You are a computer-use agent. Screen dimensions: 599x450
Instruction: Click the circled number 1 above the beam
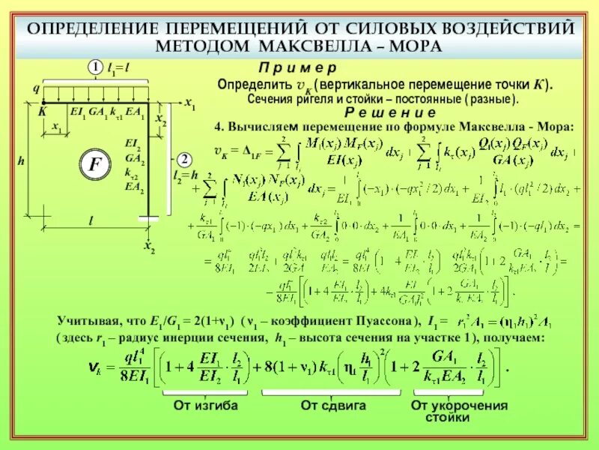pyautogui.click(x=96, y=68)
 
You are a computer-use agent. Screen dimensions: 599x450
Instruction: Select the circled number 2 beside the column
pyautogui.click(x=183, y=160)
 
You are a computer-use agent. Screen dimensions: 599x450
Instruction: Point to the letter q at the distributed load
pyautogui.click(x=34, y=88)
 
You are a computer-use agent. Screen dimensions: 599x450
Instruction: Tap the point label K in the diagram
pyautogui.click(x=42, y=111)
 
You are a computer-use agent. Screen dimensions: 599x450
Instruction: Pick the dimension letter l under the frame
pyautogui.click(x=91, y=221)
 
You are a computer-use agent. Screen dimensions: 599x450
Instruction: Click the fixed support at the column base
pyautogui.click(x=148, y=217)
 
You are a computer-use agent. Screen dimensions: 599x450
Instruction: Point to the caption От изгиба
pyautogui.click(x=205, y=406)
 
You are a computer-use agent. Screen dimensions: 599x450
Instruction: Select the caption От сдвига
pyautogui.click(x=333, y=406)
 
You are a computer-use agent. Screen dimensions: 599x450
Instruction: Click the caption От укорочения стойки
pyautogui.click(x=459, y=411)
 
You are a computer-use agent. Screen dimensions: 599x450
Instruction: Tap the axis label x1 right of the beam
pyautogui.click(x=190, y=103)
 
